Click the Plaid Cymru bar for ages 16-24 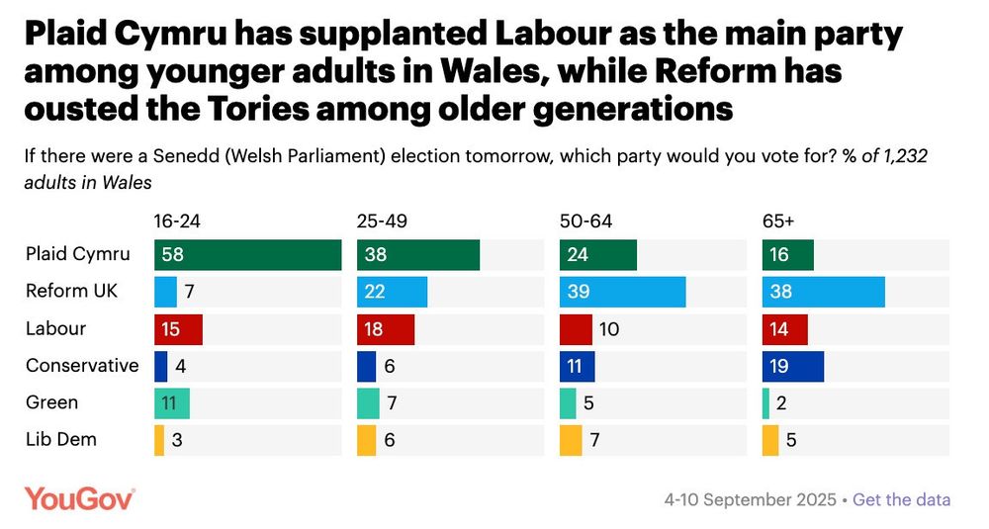247,254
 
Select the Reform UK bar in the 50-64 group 622,292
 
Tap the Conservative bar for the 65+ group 792,366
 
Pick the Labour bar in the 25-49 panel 385,328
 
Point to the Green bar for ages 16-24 171,403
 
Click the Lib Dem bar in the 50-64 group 571,440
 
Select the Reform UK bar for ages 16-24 165,292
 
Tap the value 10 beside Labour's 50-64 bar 609,328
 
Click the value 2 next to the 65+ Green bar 782,403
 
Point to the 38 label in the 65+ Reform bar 779,292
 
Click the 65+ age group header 777,221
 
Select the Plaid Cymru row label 77,254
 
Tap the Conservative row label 82,366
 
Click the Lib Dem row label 61,440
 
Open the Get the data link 901,499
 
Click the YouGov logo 79,498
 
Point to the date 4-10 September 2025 749,499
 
